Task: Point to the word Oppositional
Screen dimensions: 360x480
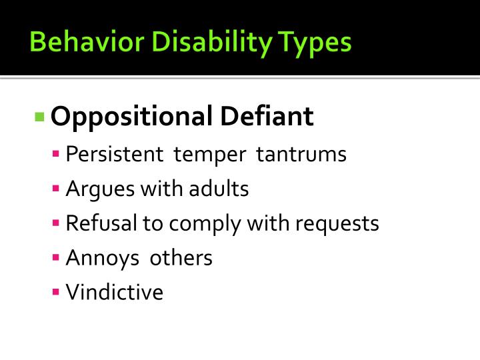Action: click(x=131, y=117)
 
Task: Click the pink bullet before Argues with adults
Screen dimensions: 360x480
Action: click(x=57, y=189)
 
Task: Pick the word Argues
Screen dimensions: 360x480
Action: click(x=100, y=190)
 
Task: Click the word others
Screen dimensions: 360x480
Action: click(x=181, y=258)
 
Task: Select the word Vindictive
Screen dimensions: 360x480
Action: click(x=115, y=293)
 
